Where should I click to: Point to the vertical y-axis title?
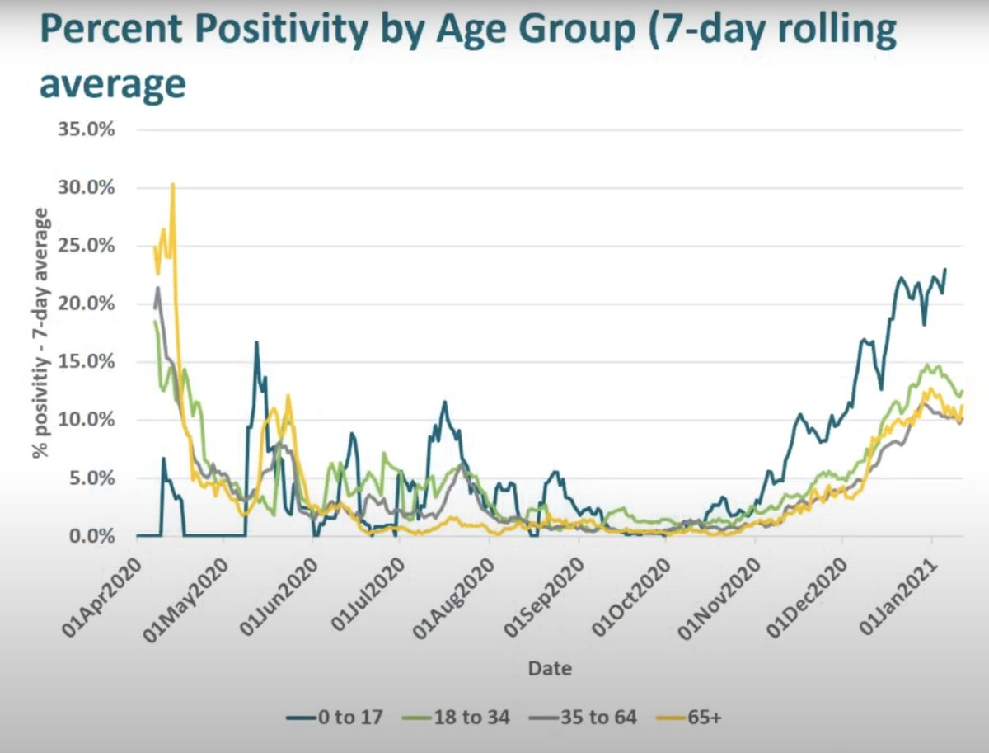(40, 334)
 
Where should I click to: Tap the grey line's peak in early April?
(157, 288)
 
